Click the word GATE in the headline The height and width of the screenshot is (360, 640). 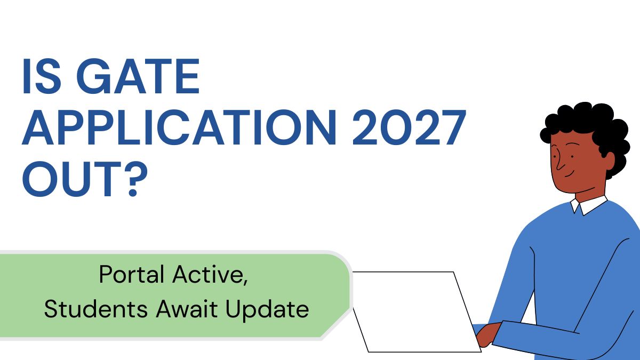click(138, 76)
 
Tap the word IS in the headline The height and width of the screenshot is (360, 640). click(42, 76)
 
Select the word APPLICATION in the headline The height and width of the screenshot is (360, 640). click(179, 127)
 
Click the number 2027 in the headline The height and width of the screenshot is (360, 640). click(409, 127)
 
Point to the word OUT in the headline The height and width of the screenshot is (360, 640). click(72, 179)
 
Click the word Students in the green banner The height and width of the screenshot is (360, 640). click(96, 309)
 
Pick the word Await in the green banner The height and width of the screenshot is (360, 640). click(187, 309)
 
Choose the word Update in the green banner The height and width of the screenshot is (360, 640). click(267, 310)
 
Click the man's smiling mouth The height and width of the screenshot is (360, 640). click(570, 174)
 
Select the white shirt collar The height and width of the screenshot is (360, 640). click(589, 205)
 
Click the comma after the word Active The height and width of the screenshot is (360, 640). click(245, 282)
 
